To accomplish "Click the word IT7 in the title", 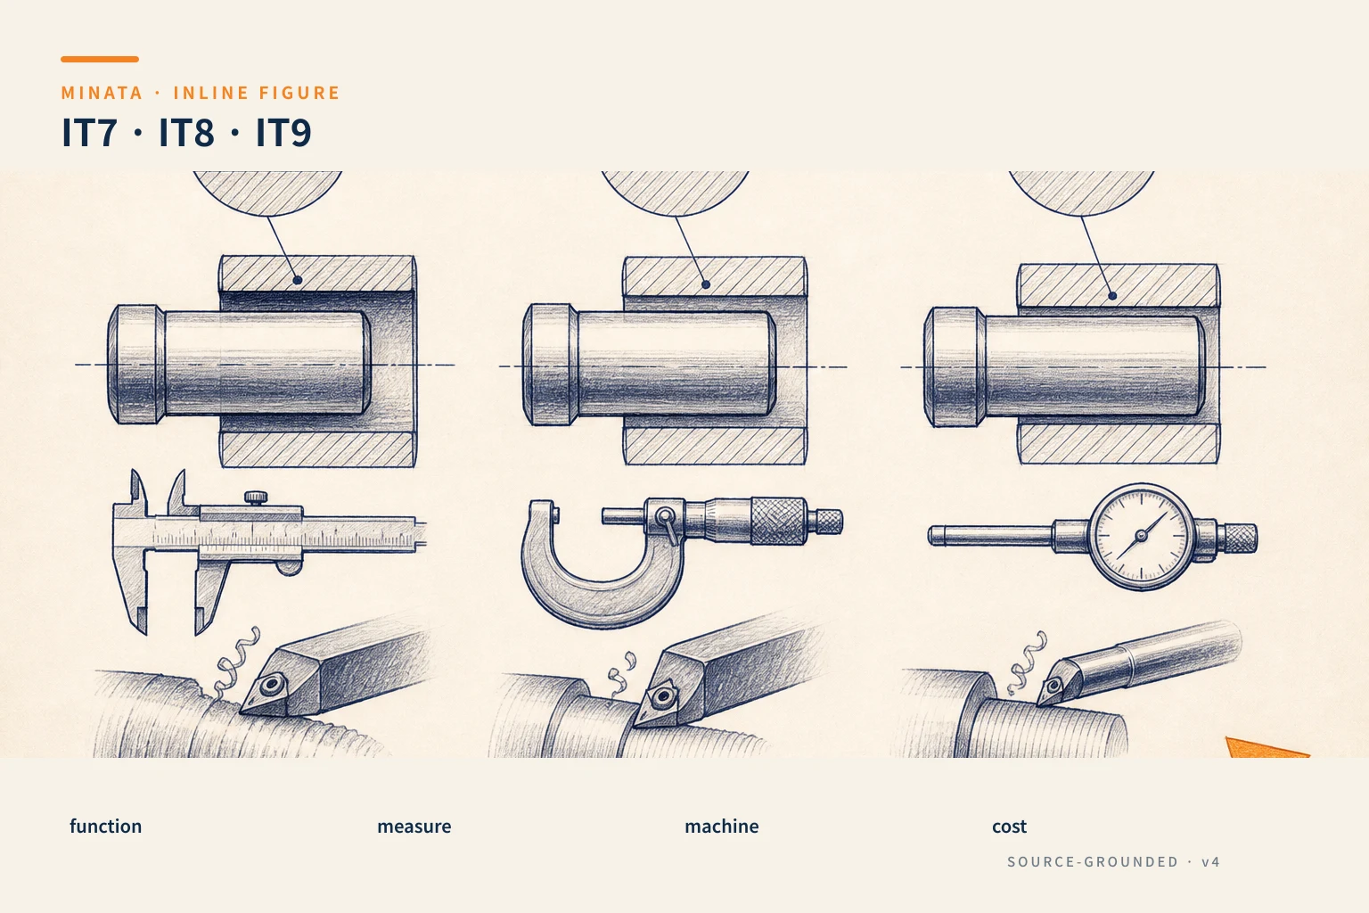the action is point(89,132).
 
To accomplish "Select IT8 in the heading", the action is point(186,132).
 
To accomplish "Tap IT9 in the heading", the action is point(283,132).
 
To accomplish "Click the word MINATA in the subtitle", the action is point(102,93).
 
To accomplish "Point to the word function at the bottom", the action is point(106,827).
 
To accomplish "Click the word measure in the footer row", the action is point(414,827).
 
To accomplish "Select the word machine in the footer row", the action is point(722,827).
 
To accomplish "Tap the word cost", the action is point(1009,827).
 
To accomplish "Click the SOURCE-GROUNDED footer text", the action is point(1093,861).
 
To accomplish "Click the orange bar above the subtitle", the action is point(100,60).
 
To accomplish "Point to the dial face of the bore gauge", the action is point(1141,537).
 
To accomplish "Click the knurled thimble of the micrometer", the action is point(778,521).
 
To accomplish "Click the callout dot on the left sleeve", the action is point(298,280).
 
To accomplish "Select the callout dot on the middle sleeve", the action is point(706,284).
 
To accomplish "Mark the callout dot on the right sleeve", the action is point(1112,296).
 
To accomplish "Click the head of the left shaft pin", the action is point(136,365).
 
